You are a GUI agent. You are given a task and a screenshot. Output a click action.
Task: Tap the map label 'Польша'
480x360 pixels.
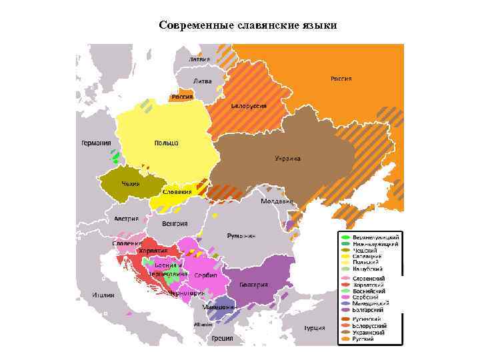(166, 144)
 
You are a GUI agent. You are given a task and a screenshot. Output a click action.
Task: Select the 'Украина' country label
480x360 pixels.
(288, 159)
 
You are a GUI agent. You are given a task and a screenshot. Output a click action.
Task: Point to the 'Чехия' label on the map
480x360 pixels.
(130, 183)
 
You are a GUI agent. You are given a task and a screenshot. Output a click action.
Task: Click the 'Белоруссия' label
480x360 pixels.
(249, 106)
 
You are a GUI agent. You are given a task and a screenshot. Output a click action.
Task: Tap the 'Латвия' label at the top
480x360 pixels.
(199, 59)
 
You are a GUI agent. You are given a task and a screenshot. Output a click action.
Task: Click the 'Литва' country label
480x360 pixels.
(202, 81)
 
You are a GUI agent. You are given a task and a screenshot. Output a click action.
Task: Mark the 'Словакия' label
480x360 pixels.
(177, 192)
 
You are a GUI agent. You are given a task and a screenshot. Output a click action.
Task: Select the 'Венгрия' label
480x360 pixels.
(174, 223)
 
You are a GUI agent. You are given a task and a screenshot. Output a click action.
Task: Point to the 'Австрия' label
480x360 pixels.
(126, 219)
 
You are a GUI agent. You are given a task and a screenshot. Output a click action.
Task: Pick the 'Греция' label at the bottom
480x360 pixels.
(223, 337)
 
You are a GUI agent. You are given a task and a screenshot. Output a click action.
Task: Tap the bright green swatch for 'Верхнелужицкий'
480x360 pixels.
(345, 237)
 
